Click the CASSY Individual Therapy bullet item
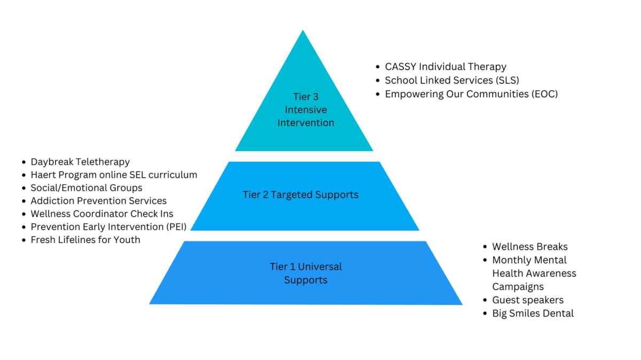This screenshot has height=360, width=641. [x=445, y=67]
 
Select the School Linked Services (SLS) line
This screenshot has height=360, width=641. [x=452, y=80]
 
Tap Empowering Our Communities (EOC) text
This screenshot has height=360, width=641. [x=471, y=93]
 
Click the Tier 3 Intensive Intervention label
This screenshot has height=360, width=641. [x=306, y=109]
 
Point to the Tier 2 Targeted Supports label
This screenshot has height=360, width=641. [x=300, y=194]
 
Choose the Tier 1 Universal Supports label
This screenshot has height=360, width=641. [x=306, y=273]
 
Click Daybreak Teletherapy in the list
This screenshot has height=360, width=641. [x=80, y=161]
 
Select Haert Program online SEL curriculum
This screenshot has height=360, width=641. [x=114, y=175]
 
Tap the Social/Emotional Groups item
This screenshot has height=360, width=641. [x=86, y=187]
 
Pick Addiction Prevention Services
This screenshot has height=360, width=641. [x=98, y=201]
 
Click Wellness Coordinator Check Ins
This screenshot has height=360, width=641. [x=101, y=214]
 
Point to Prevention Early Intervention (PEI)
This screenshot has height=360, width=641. [x=108, y=226]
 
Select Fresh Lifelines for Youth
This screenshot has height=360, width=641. [x=85, y=240]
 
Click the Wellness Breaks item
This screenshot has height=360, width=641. [x=529, y=247]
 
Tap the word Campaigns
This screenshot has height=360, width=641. [x=518, y=286]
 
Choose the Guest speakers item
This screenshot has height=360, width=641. [x=527, y=300]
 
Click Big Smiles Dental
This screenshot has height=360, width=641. [x=533, y=313]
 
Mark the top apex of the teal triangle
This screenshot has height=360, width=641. [x=303, y=31]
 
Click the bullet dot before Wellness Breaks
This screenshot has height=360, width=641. [x=485, y=247]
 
